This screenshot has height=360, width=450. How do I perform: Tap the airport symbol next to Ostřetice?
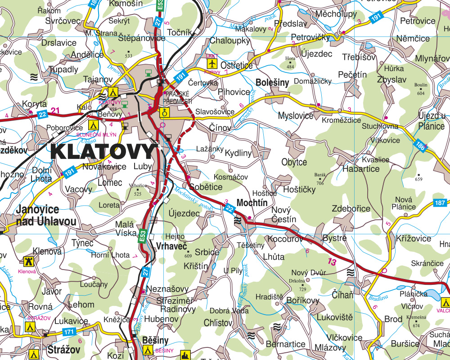(211, 63)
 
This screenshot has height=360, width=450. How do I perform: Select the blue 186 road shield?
(420, 145)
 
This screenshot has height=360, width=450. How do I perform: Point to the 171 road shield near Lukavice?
(69, 332)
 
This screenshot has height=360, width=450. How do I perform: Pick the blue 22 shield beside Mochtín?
(229, 208)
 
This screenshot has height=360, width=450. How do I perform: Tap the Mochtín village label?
(252, 203)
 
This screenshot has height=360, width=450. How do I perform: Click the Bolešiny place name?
(272, 83)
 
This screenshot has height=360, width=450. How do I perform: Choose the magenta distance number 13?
(332, 262)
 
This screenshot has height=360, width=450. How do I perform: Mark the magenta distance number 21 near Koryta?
(55, 111)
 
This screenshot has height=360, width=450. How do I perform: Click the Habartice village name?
(361, 169)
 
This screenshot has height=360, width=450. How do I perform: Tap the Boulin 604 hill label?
(421, 89)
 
